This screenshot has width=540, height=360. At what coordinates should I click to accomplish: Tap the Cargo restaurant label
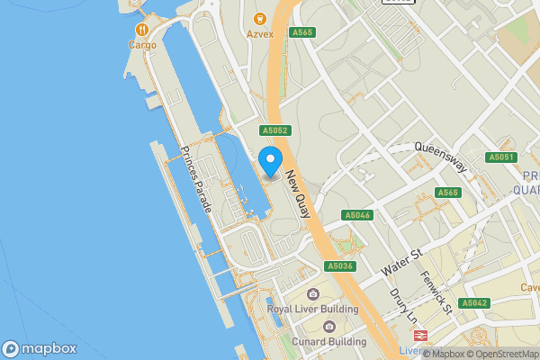(142, 45)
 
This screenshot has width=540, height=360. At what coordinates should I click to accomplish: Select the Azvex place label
(259, 34)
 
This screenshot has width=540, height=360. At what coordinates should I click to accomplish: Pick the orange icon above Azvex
(259, 18)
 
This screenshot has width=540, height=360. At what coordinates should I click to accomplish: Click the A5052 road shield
(274, 130)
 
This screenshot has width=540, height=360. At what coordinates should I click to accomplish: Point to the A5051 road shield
(501, 157)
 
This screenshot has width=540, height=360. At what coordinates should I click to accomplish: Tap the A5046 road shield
(357, 216)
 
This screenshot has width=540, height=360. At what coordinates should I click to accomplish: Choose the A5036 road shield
(339, 266)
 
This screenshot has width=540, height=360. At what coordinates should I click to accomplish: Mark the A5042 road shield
(474, 303)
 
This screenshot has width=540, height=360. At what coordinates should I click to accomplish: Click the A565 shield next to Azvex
(301, 32)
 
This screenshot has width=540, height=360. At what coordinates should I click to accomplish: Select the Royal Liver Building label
(312, 310)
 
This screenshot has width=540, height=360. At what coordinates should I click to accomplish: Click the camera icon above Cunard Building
(329, 326)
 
